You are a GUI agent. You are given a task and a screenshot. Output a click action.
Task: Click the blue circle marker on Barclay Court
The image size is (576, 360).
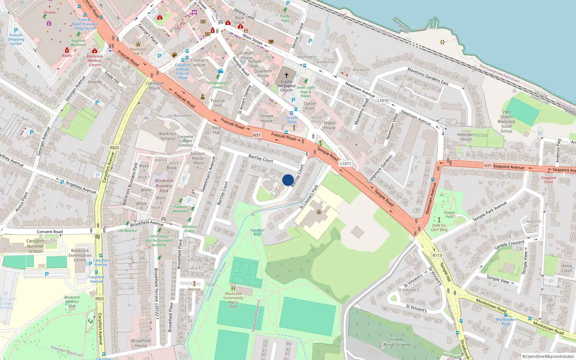[x=288, y=180]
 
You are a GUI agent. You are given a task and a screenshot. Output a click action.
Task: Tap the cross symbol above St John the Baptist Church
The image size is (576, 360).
[x=287, y=75]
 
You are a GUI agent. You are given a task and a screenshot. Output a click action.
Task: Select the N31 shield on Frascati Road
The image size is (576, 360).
[x=257, y=135]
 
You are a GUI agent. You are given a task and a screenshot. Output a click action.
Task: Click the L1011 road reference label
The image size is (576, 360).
[x=345, y=163]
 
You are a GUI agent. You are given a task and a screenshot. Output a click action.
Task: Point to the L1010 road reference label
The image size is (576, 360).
[x=383, y=100]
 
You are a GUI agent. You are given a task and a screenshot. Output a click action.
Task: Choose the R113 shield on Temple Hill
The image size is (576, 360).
[x=437, y=255]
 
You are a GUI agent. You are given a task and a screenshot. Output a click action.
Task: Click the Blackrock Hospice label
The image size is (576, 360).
[x=168, y=136]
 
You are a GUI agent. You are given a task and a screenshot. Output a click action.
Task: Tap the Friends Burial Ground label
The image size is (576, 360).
[x=397, y=342]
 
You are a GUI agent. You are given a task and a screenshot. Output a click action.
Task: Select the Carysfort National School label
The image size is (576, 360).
[x=35, y=246]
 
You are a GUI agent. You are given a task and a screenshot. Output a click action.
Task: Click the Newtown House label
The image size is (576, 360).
[x=465, y=137]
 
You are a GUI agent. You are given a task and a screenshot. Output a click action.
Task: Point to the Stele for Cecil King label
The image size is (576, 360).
[x=439, y=228]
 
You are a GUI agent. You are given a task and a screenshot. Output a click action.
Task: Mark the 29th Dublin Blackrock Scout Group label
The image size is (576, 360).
[x=507, y=122]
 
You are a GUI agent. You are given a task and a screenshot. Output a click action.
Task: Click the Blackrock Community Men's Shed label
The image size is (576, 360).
[x=233, y=300]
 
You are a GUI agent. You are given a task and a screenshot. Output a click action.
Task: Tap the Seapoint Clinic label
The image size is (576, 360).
[x=549, y=180]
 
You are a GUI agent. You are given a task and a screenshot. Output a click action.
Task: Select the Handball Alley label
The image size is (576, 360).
[x=257, y=232]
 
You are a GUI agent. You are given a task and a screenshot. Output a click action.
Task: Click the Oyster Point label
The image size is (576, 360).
[x=310, y=106]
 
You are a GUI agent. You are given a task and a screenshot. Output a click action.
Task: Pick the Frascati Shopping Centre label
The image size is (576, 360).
[x=16, y=39]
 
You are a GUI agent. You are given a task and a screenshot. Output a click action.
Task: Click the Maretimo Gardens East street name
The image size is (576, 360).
[x=428, y=76]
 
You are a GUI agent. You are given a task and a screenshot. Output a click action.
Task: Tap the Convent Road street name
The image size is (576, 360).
[x=50, y=232]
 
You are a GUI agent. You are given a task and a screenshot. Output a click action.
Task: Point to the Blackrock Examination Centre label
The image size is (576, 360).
[x=80, y=255]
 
